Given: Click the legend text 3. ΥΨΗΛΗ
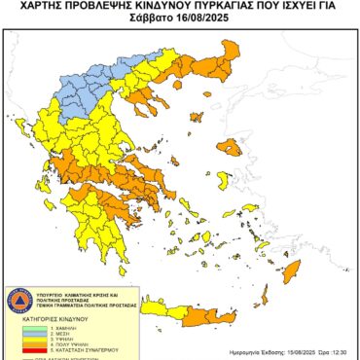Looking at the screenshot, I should (58, 338).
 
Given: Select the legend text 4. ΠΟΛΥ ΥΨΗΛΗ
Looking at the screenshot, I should (65, 343).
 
